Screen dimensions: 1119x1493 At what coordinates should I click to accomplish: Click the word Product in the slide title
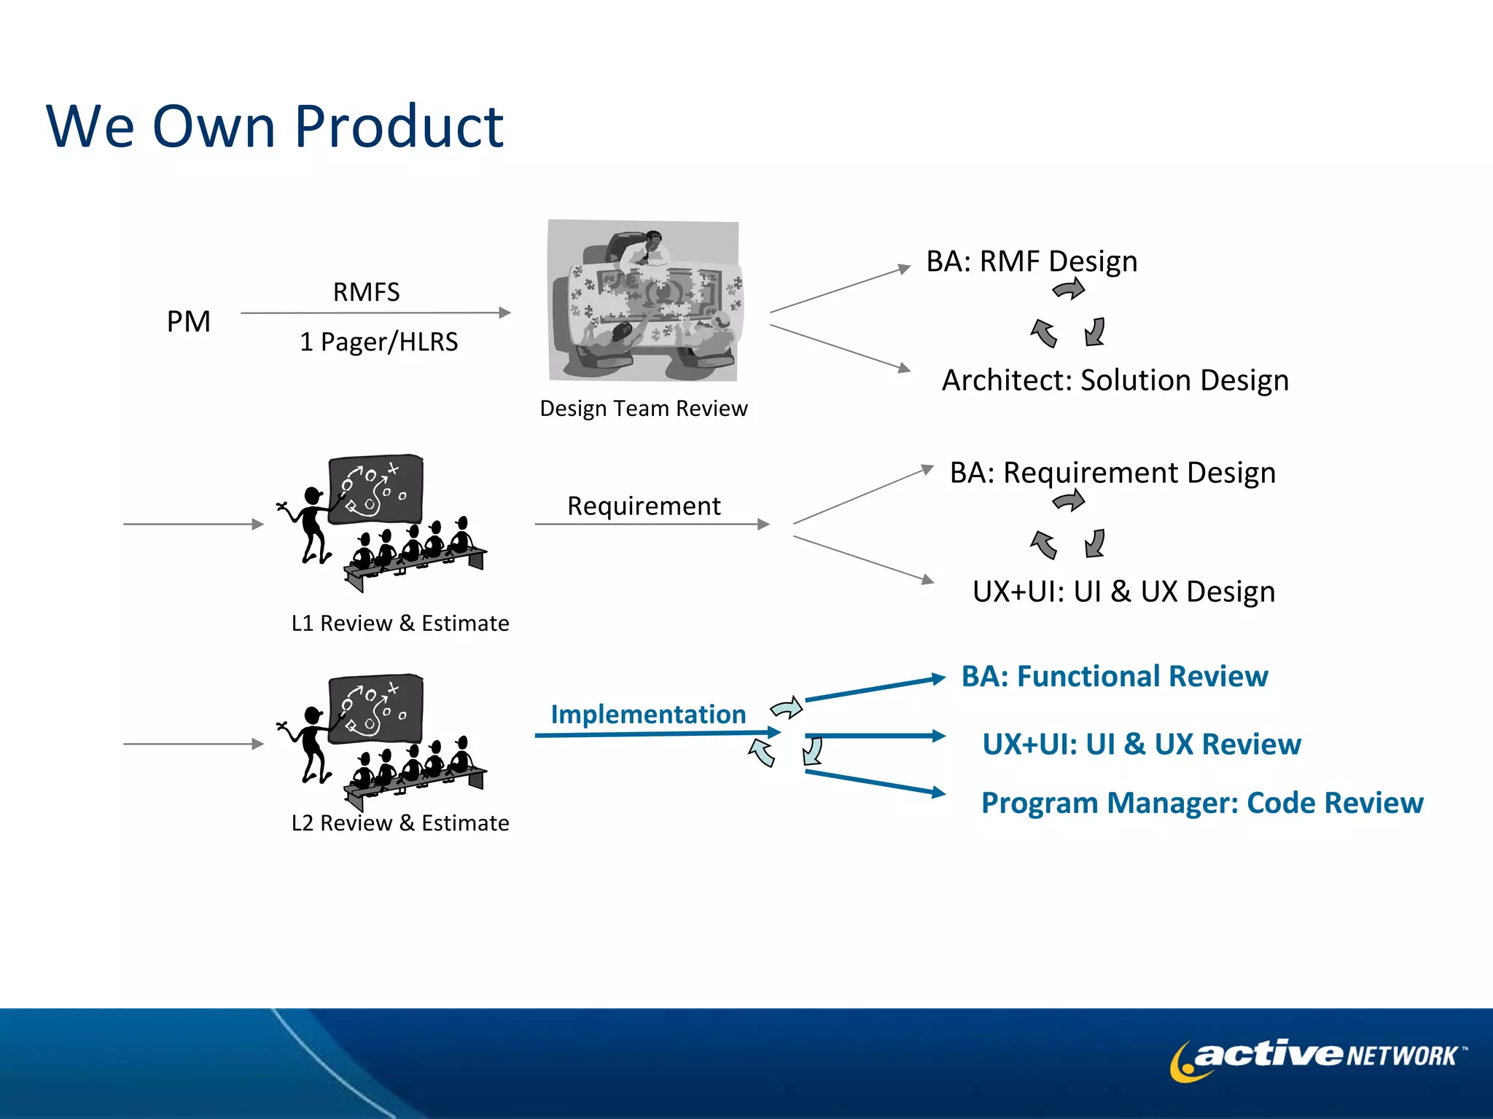click(399, 127)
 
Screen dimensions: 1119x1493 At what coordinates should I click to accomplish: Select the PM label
click(188, 321)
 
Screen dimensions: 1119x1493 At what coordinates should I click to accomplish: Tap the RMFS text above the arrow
click(366, 292)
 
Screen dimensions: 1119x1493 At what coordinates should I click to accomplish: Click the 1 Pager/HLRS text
click(378, 342)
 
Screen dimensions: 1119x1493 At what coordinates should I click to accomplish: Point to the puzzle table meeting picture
click(644, 300)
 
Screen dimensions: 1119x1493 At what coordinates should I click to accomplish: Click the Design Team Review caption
click(643, 409)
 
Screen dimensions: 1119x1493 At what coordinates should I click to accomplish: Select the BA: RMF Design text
click(1031, 262)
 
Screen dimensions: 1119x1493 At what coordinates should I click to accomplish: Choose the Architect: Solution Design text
click(1115, 380)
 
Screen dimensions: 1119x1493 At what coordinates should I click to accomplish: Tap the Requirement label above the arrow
click(644, 506)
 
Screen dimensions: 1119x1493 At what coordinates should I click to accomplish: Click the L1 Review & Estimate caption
click(399, 624)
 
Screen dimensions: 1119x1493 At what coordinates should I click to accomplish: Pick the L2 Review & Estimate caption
click(399, 823)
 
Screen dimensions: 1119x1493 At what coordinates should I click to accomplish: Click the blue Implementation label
click(647, 714)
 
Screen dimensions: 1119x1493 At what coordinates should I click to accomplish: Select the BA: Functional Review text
click(1114, 677)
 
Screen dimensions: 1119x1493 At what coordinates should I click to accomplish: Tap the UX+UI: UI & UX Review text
click(1141, 745)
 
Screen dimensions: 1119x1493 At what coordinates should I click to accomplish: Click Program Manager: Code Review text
click(1201, 803)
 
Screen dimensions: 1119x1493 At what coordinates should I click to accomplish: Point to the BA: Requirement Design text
click(1112, 473)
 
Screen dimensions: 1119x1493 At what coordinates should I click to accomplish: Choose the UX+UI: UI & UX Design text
click(1123, 592)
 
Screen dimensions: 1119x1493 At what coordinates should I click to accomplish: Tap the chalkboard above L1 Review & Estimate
click(375, 489)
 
